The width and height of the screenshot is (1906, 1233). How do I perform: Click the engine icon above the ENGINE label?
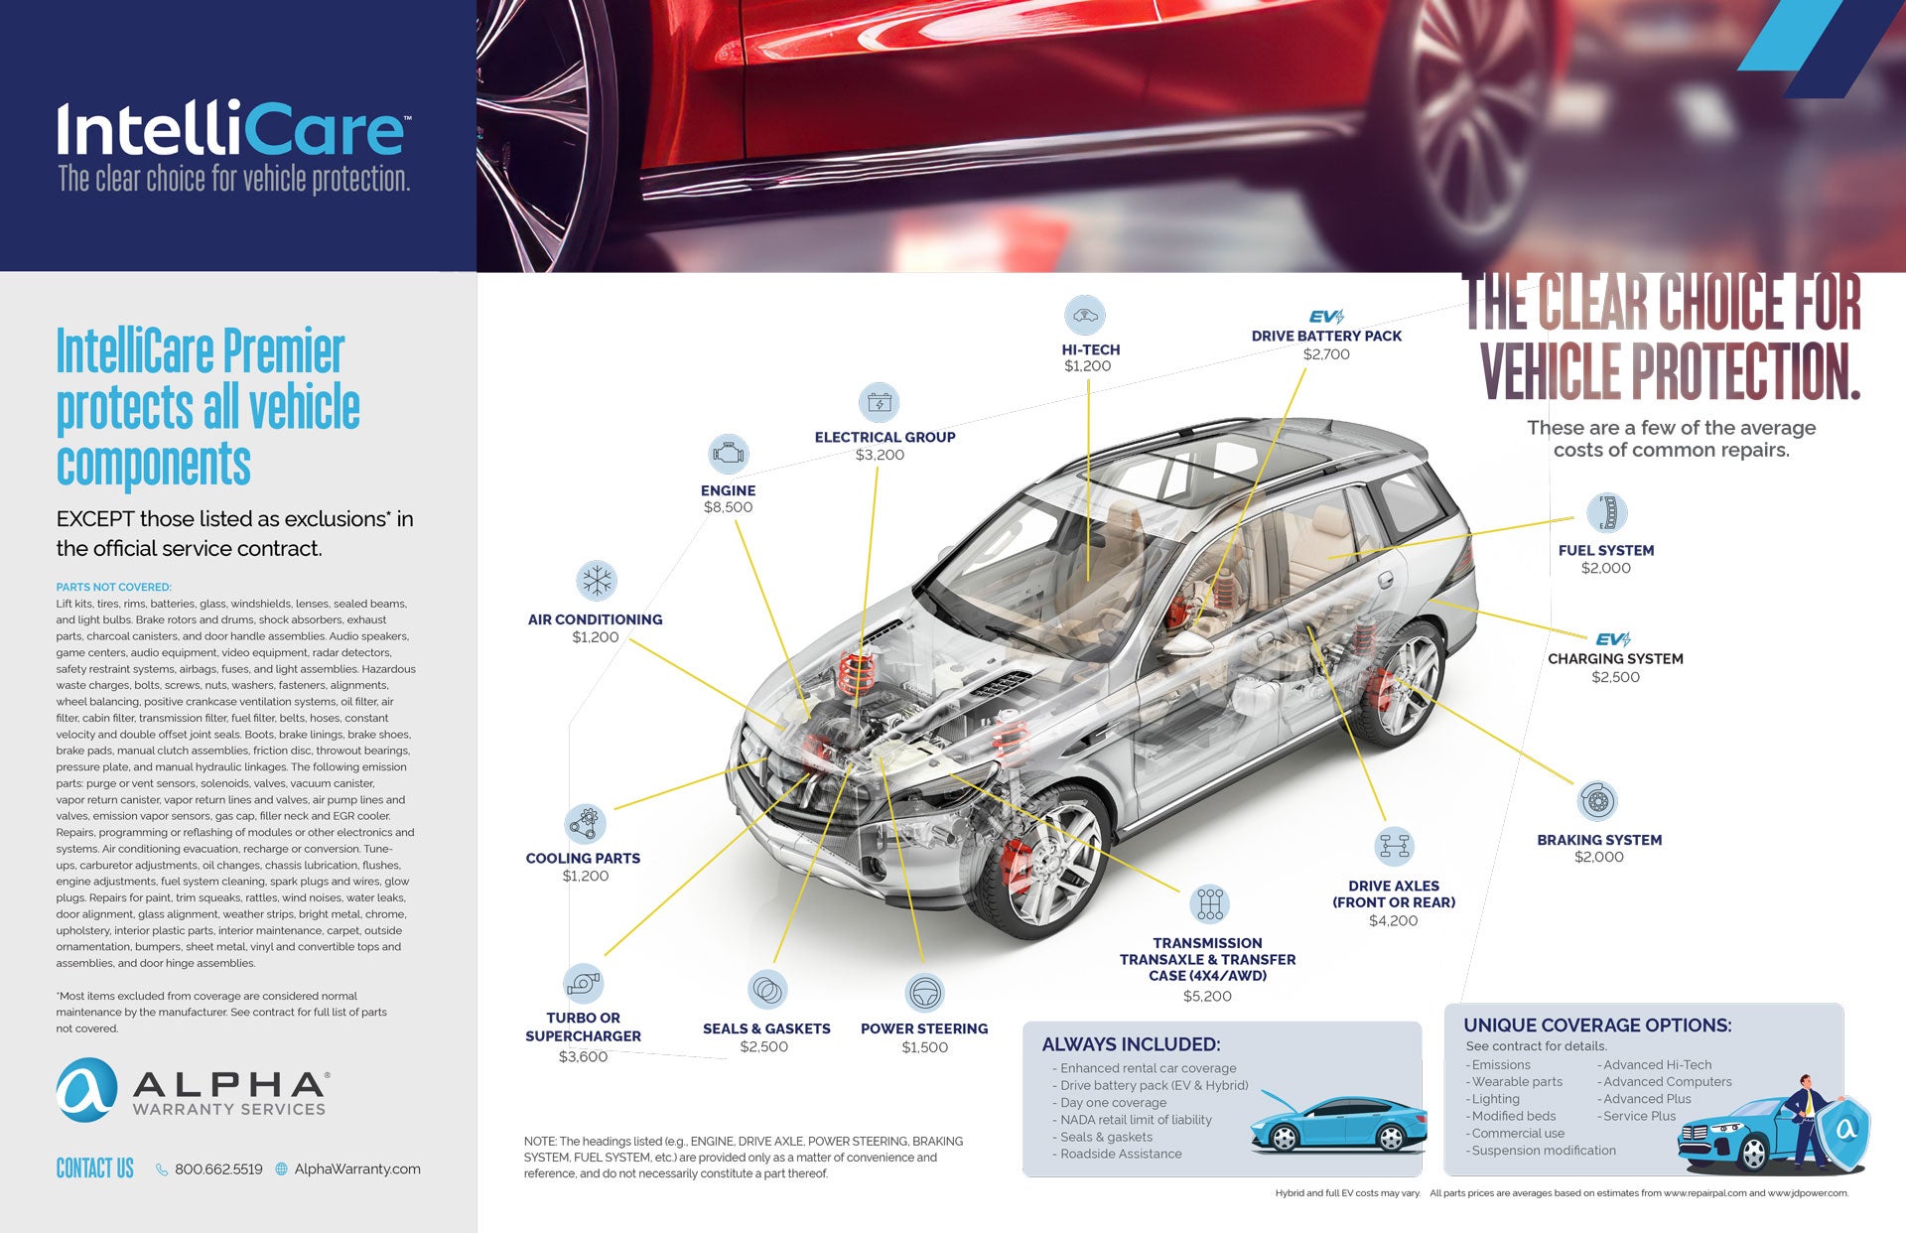pyautogui.click(x=728, y=454)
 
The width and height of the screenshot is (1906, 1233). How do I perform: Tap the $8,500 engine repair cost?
pyautogui.click(x=728, y=507)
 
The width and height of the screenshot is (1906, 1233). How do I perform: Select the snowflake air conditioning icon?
pyautogui.click(x=597, y=581)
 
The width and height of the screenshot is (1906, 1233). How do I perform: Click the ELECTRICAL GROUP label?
pyautogui.click(x=885, y=437)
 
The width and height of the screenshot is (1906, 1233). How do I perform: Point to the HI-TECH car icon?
pyautogui.click(x=1085, y=316)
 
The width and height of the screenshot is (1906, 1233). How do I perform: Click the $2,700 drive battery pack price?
pyautogui.click(x=1326, y=354)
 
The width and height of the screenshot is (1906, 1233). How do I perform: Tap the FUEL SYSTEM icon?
pyautogui.click(x=1606, y=512)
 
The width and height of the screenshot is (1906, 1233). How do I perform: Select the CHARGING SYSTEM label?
pyautogui.click(x=1615, y=659)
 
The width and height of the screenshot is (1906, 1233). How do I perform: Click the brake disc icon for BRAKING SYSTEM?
pyautogui.click(x=1597, y=800)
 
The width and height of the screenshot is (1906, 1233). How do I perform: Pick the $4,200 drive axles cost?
pyautogui.click(x=1393, y=920)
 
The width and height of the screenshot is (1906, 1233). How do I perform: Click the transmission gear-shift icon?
pyautogui.click(x=1209, y=903)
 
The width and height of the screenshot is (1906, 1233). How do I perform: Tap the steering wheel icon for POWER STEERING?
pyautogui.click(x=925, y=992)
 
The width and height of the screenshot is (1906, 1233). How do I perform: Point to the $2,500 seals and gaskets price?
pyautogui.click(x=763, y=1046)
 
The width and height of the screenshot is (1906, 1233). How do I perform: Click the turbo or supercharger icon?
pyautogui.click(x=583, y=983)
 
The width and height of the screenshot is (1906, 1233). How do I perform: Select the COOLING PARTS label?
pyautogui.click(x=583, y=859)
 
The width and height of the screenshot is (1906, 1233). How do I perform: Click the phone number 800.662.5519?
pyautogui.click(x=218, y=1169)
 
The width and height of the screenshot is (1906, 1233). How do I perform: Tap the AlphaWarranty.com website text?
pyautogui.click(x=357, y=1169)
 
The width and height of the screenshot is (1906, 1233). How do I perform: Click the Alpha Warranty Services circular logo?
pyautogui.click(x=86, y=1090)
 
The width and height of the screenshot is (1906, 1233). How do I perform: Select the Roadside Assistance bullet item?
pyautogui.click(x=1120, y=1154)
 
